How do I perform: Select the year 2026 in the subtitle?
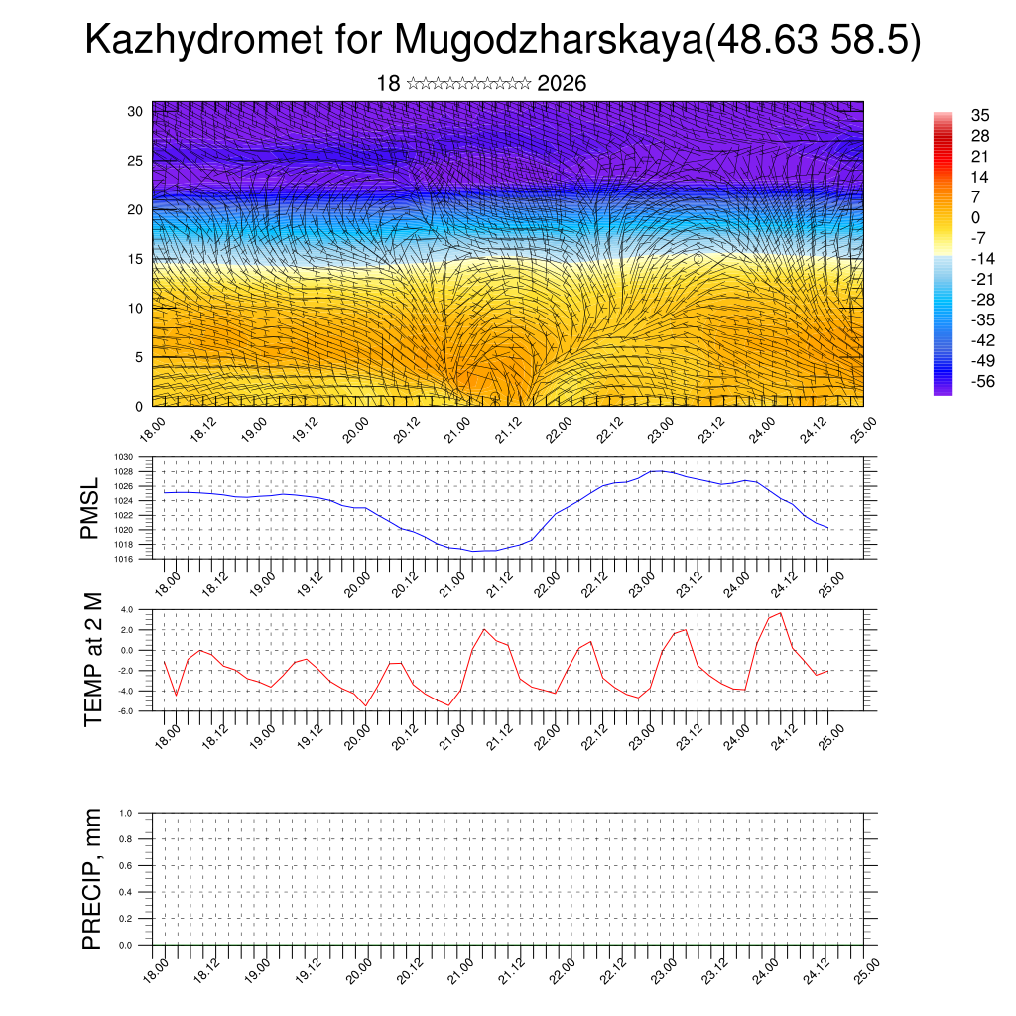(562, 84)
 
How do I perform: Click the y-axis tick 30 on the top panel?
(136, 111)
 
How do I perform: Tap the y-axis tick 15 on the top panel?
(136, 259)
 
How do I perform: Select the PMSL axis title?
(91, 510)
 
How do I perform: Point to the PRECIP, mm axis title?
(92, 877)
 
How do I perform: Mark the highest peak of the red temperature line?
(781, 613)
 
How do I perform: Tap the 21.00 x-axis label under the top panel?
(456, 435)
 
